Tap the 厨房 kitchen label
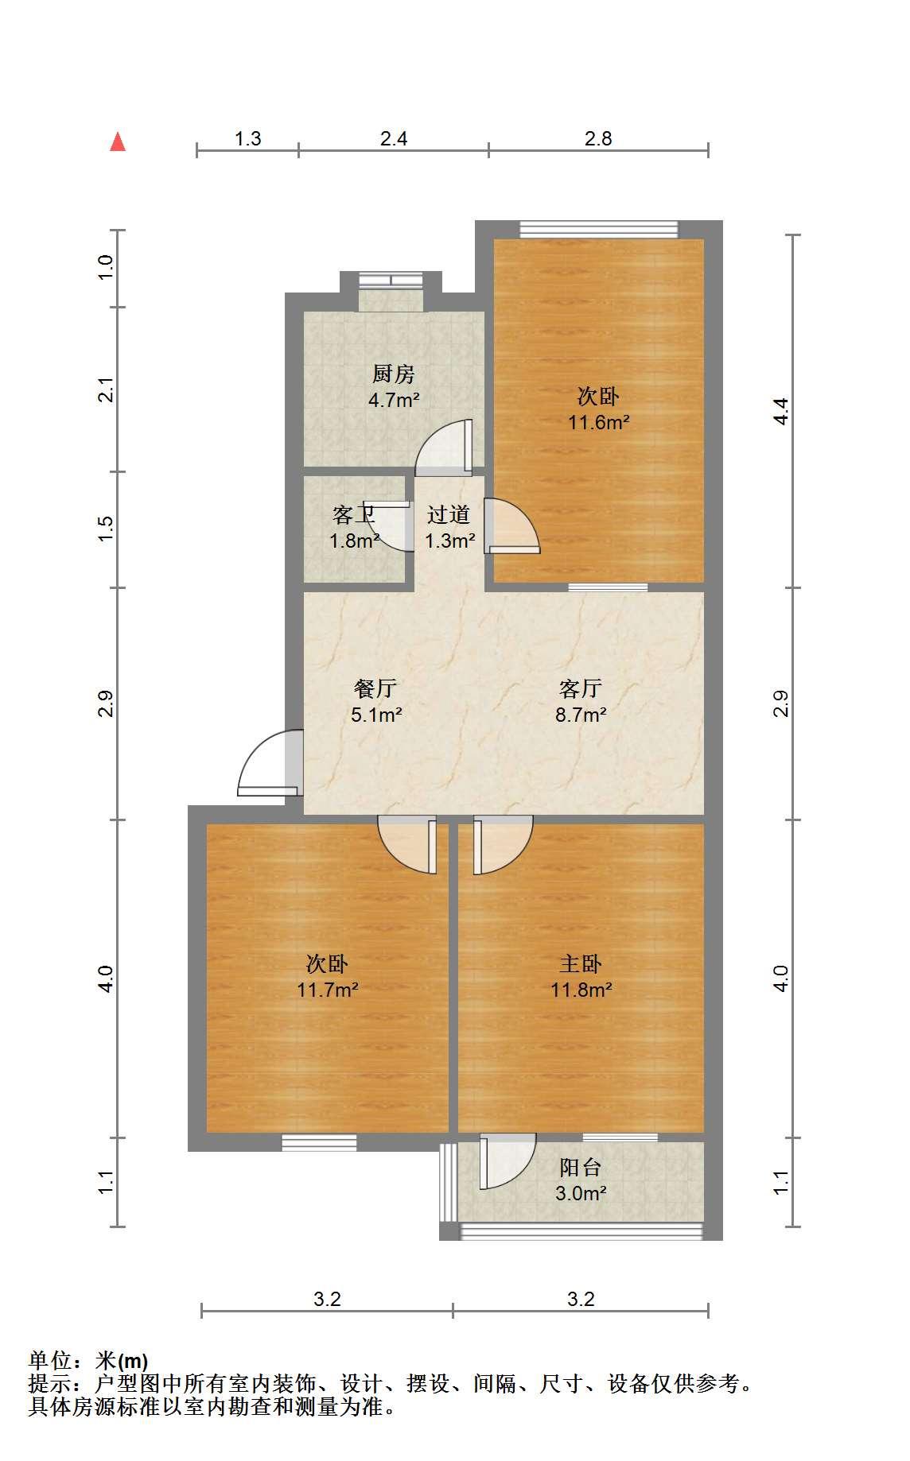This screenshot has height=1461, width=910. (x=394, y=374)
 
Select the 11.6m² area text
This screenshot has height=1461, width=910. (x=598, y=422)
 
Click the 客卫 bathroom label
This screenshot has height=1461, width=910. (x=353, y=515)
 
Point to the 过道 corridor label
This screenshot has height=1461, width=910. (x=449, y=515)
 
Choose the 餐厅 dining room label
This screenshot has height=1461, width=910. (x=375, y=688)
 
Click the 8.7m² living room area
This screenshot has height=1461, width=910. (x=581, y=715)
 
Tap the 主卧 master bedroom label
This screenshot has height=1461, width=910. (x=581, y=964)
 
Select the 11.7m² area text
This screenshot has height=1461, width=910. (x=328, y=990)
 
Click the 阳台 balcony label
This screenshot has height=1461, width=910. (x=581, y=1168)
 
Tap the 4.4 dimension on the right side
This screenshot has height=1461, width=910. (x=782, y=411)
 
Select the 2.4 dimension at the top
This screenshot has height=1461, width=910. (x=394, y=139)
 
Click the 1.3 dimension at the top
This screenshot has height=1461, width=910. (x=248, y=139)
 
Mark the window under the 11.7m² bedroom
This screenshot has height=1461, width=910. (x=319, y=1142)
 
